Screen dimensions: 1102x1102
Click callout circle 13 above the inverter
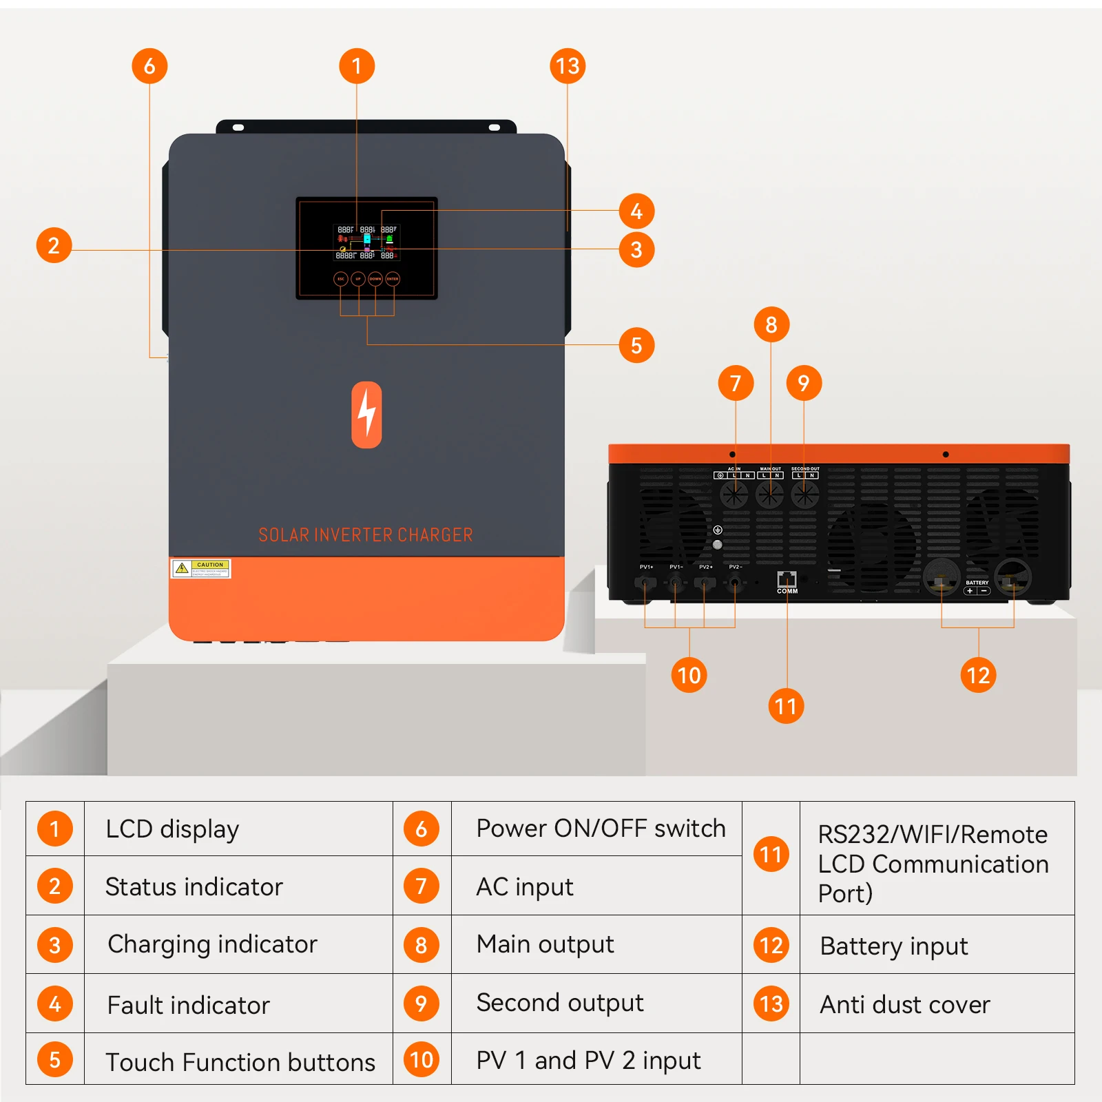[x=568, y=66]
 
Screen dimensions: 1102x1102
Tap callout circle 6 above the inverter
[x=149, y=66]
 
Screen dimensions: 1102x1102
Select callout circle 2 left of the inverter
[x=54, y=245]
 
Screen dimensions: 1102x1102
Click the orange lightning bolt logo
[x=366, y=415]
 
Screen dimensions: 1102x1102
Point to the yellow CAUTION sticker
[x=200, y=568]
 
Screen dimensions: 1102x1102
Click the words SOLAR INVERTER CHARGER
[x=366, y=535]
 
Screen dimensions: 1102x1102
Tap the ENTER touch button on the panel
[x=393, y=279]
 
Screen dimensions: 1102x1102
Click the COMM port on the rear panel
[x=787, y=579]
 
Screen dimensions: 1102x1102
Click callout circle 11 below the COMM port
[x=786, y=706]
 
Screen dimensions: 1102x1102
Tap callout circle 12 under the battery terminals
[x=978, y=675]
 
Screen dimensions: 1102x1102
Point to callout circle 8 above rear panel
[x=771, y=324]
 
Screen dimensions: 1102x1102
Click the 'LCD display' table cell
[x=238, y=829]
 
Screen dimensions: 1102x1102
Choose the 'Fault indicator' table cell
[x=238, y=1004]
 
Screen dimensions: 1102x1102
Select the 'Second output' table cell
[x=596, y=1003]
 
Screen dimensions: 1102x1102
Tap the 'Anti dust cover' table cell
[x=937, y=1004]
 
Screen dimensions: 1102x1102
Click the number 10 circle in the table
[x=422, y=1059]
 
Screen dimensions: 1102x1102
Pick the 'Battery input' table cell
[x=937, y=946]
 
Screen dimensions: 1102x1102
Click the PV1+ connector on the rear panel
[x=645, y=583]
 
